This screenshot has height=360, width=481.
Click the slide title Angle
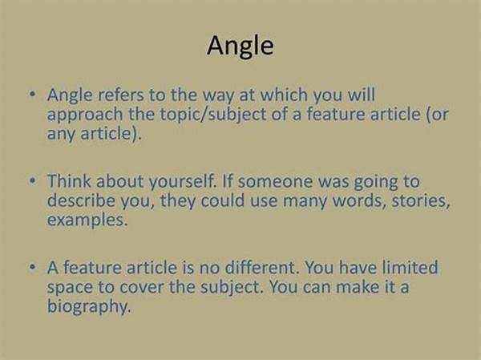pos(240,47)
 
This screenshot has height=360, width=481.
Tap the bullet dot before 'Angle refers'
pos(33,94)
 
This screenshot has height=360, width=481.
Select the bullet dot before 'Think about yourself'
pos(33,180)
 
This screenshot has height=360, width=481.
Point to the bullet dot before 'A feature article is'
pos(33,267)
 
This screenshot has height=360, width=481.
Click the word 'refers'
pos(121,95)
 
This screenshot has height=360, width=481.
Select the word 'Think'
pos(69,181)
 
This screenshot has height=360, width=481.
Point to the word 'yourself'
pos(182,182)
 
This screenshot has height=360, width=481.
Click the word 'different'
pos(261,268)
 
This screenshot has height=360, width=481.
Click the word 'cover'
pos(141,288)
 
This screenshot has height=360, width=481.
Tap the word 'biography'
pos(89,307)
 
